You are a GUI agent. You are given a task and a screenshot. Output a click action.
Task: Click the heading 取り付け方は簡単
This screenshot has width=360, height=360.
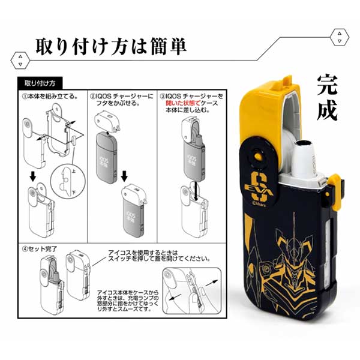point(111,46)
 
